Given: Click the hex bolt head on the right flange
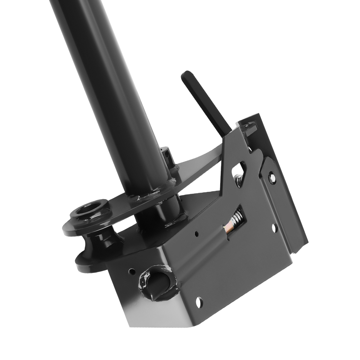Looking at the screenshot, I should pyautogui.click(x=272, y=177).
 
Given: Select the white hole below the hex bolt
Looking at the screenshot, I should pyautogui.click(x=274, y=228).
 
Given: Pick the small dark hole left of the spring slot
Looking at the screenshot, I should pyautogui.click(x=197, y=234).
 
